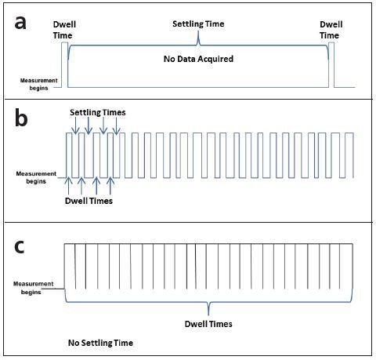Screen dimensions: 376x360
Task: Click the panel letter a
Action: pos(20,23)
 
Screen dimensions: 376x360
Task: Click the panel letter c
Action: pos(20,247)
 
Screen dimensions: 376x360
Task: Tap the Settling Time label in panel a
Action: pos(198,24)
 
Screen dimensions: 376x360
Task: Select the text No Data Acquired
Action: pos(198,59)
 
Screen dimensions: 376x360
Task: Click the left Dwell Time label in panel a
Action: pos(64,30)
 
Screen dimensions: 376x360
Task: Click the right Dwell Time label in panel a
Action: pos(331,30)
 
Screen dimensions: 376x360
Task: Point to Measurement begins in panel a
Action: pos(38,84)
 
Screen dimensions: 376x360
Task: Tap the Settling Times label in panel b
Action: pos(98,112)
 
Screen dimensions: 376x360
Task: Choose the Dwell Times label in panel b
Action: pos(89,201)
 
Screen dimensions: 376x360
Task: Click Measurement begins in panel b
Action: pos(36,177)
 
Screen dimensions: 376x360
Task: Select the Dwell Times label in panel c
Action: pos(208,324)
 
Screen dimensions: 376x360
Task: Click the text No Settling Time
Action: pos(100,343)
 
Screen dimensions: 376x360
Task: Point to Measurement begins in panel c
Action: pos(33,288)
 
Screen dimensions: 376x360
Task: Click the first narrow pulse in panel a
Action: pos(64,65)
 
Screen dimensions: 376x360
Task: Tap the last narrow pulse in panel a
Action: pos(331,65)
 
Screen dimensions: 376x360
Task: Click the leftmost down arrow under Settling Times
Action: pos(75,125)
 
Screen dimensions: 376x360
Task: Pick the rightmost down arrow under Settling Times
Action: pos(117,125)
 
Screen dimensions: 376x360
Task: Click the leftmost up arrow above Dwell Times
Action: pos(68,186)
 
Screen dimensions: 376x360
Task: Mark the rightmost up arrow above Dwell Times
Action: pos(110,186)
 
